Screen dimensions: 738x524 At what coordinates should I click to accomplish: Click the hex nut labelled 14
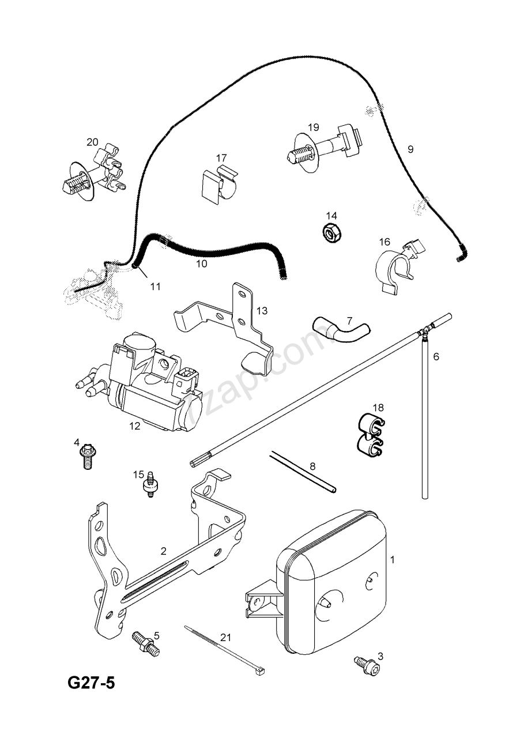click(x=331, y=234)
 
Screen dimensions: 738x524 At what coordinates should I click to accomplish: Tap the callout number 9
click(x=410, y=149)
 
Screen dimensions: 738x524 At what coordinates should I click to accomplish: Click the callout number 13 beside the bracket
click(x=262, y=311)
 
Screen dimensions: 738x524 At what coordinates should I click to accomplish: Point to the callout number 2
click(x=163, y=551)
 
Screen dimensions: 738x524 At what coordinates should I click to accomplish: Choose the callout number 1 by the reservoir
click(x=392, y=559)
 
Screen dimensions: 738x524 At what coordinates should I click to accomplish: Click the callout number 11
click(x=156, y=286)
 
